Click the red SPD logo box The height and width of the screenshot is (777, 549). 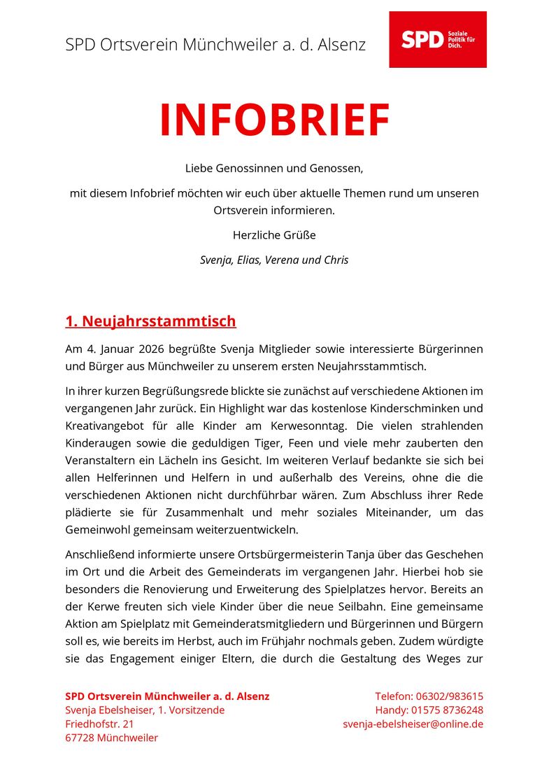437,39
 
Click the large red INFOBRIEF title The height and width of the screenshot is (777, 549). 274,120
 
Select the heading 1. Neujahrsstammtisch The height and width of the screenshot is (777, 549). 150,321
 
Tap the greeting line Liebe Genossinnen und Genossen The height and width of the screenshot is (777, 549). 274,168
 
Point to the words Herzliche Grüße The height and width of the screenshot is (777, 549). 274,235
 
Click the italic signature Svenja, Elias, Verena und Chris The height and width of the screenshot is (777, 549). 274,260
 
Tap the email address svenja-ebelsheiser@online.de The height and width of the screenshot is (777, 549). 413,724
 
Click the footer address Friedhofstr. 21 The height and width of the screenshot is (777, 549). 99,724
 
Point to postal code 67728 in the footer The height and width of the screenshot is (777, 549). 80,737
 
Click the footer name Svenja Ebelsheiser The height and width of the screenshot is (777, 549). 106,710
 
